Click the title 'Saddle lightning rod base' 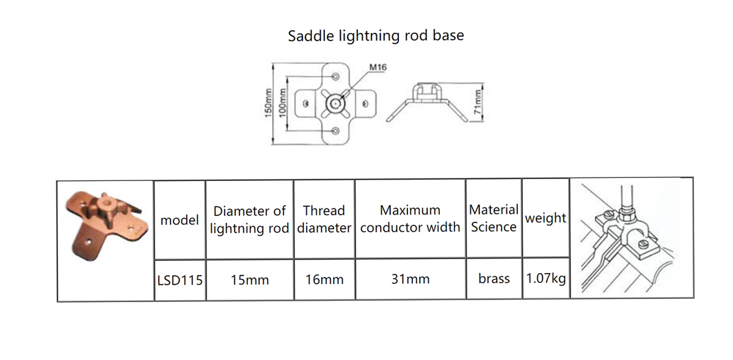(376, 35)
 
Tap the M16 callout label (378, 67)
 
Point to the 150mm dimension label (268, 103)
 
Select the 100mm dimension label (282, 103)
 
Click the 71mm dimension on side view (478, 102)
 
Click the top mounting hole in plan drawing (335, 76)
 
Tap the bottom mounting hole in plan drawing (335, 131)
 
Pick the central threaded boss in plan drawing (335, 104)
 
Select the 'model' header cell (180, 220)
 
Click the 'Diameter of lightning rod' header (250, 219)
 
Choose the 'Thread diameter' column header (324, 219)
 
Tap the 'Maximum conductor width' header (410, 218)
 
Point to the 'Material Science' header (494, 218)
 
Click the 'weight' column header (545, 218)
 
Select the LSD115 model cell (180, 280)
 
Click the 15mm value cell (250, 280)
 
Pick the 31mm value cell (410, 279)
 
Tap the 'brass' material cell (494, 279)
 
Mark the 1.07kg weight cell (546, 278)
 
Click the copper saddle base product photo (106, 226)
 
